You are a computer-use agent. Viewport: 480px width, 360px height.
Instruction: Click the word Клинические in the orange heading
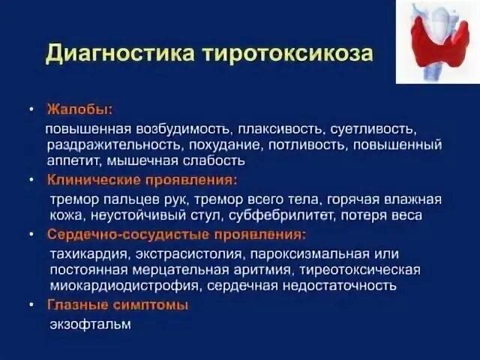point(91,180)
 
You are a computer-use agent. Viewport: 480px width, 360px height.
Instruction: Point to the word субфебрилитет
point(287,215)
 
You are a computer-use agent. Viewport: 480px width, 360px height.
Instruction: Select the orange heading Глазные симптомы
point(118,305)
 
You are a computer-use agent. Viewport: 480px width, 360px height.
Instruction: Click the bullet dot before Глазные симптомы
point(31,305)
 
